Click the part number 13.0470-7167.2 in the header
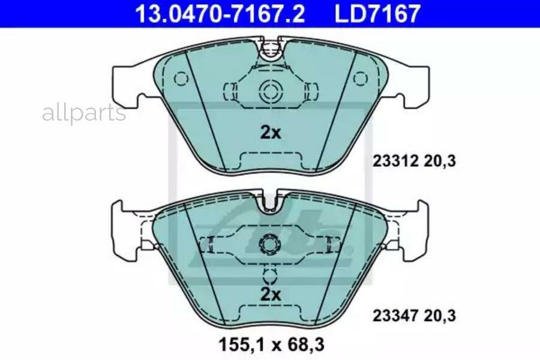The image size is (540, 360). [220, 13]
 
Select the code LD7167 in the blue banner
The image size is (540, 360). [377, 13]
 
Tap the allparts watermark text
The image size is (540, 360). [84, 113]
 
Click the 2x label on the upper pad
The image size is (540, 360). [271, 132]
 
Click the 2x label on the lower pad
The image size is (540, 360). [271, 294]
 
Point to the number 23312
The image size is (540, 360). [395, 161]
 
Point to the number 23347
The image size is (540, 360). [395, 316]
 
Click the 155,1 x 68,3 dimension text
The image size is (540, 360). [271, 345]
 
